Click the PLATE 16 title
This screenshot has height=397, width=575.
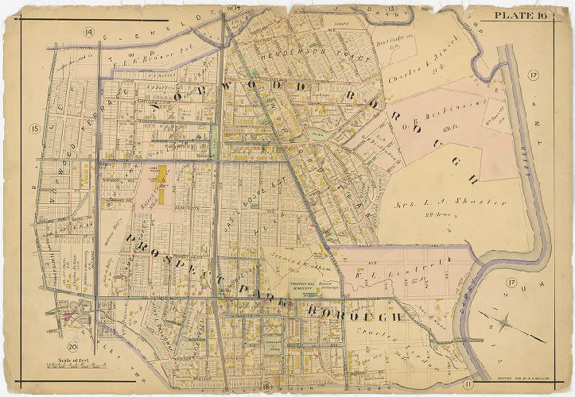[x=520, y=15]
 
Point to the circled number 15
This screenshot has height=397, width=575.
[x=34, y=129]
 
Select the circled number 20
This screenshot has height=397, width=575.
[x=72, y=346]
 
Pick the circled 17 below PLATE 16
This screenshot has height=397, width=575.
[x=531, y=76]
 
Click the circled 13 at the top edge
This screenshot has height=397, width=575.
[x=391, y=9]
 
